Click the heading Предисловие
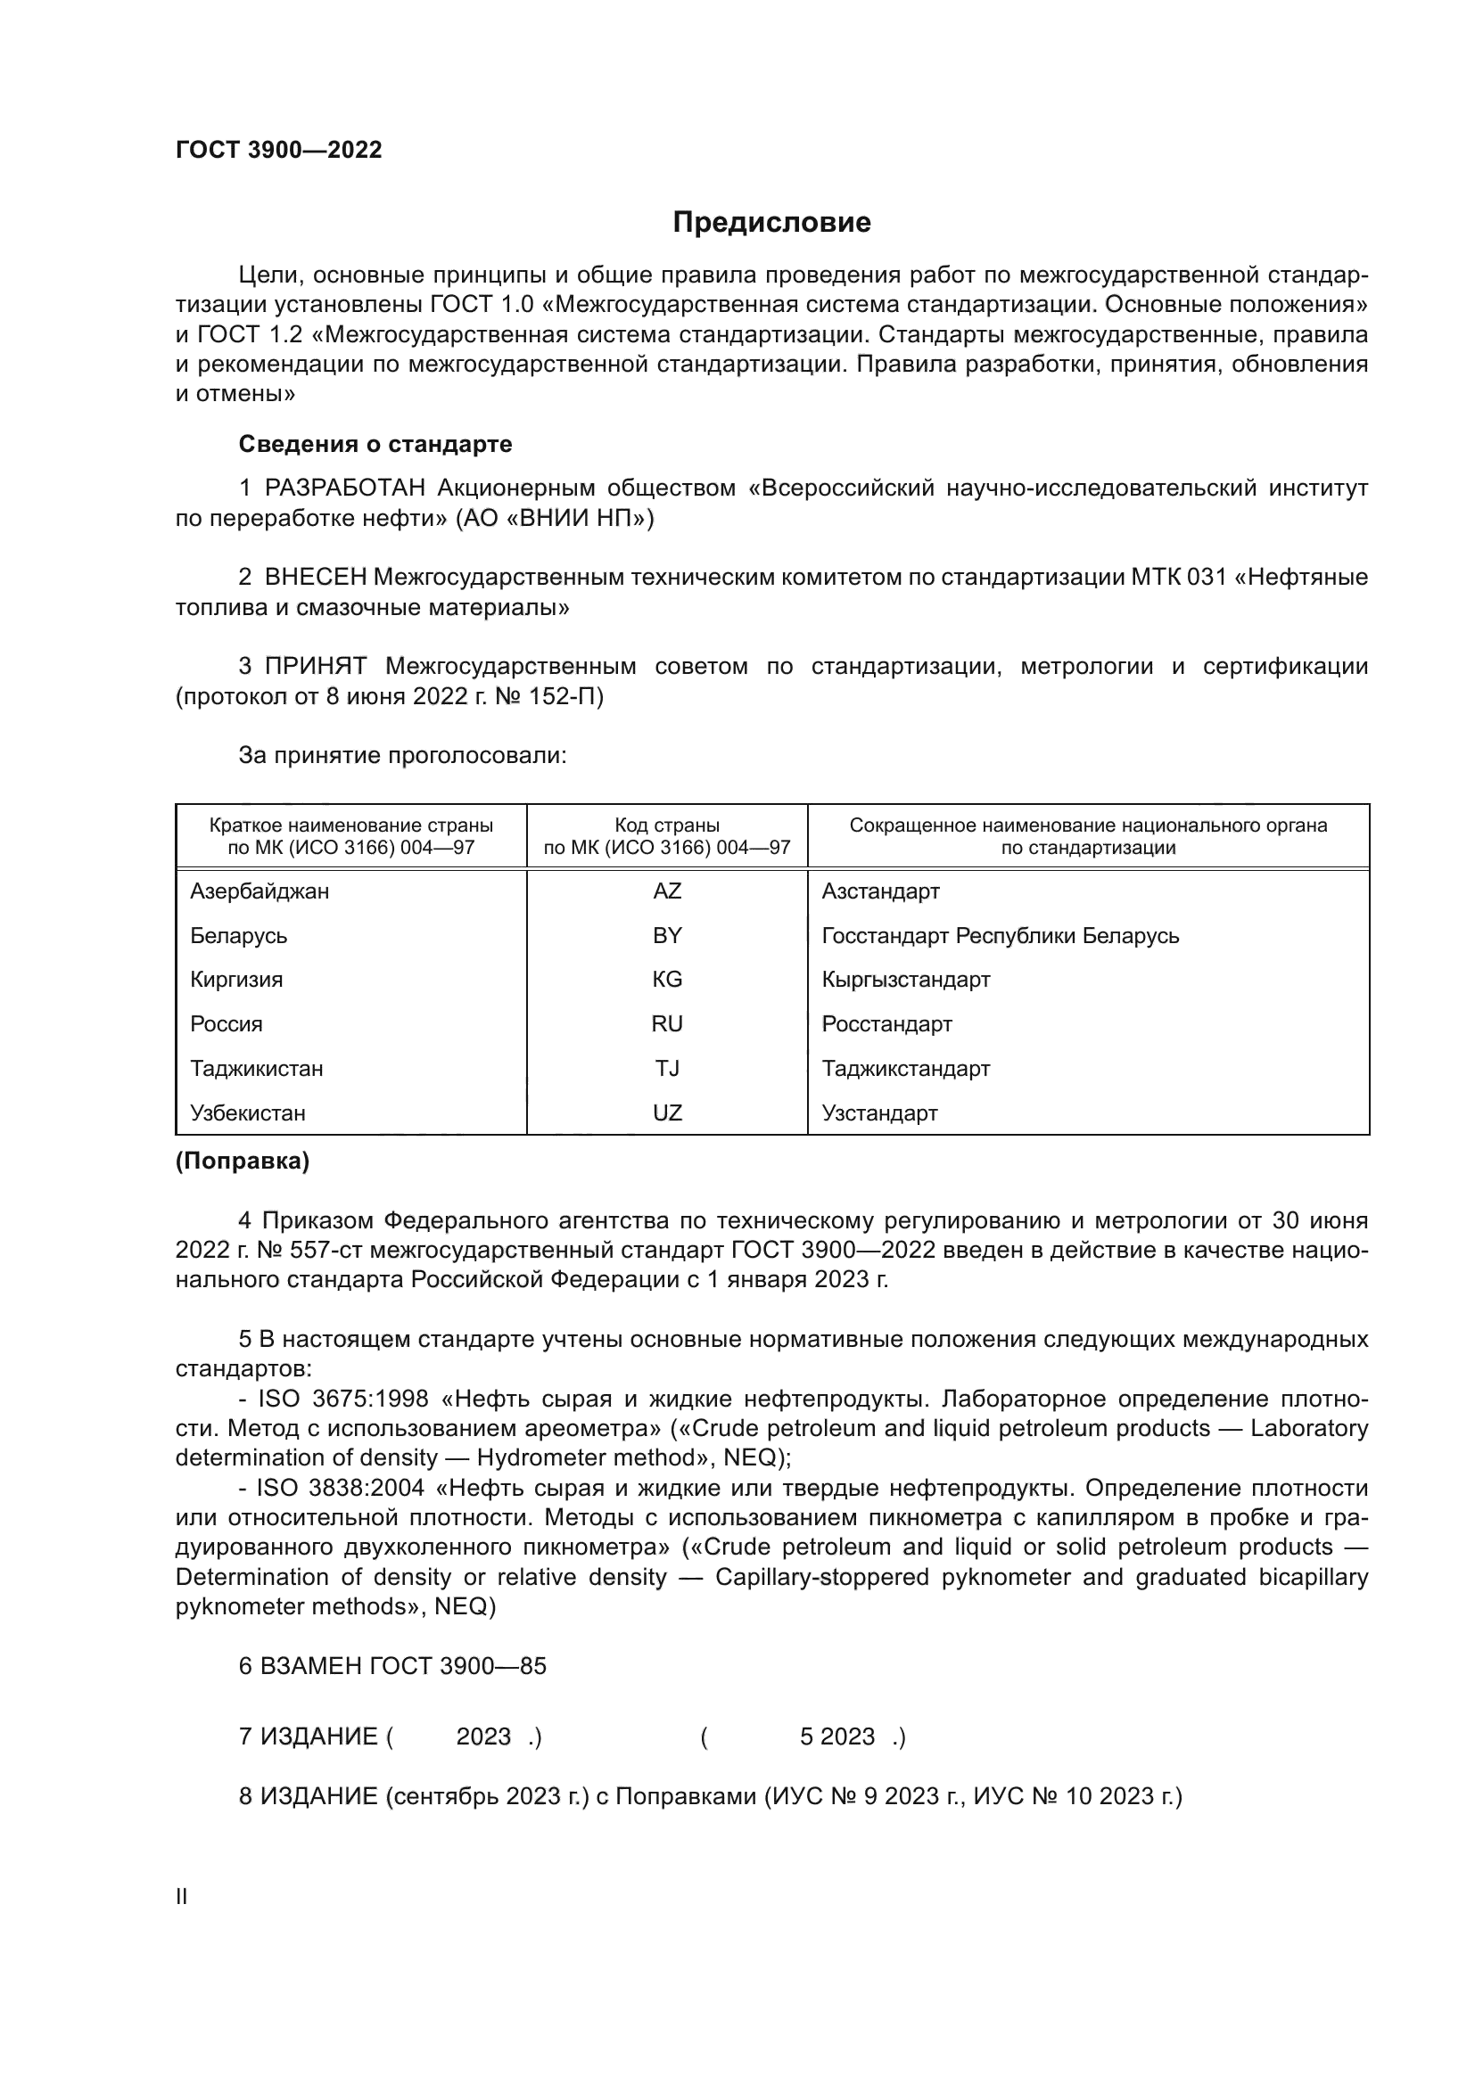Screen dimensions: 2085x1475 tap(771, 223)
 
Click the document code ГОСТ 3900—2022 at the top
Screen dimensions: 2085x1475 tap(279, 151)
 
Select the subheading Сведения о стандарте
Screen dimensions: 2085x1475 tap(375, 444)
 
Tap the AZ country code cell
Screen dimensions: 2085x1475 tap(667, 891)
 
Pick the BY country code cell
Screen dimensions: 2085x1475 tap(667, 935)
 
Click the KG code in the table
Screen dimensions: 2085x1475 tap(667, 979)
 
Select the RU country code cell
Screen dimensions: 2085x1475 tap(667, 1023)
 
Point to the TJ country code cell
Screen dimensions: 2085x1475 tap(667, 1068)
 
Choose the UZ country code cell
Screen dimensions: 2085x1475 tap(667, 1112)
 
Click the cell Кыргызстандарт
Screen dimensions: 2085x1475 tap(905, 979)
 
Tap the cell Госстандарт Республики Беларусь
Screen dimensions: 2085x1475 tap(1000, 935)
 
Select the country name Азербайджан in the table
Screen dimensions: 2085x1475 tap(260, 891)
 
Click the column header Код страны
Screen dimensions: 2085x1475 tap(667, 825)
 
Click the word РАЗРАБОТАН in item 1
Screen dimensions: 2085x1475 tap(345, 488)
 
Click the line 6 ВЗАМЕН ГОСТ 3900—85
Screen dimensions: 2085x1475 tap(392, 1665)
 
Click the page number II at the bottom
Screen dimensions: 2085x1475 tap(182, 1896)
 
